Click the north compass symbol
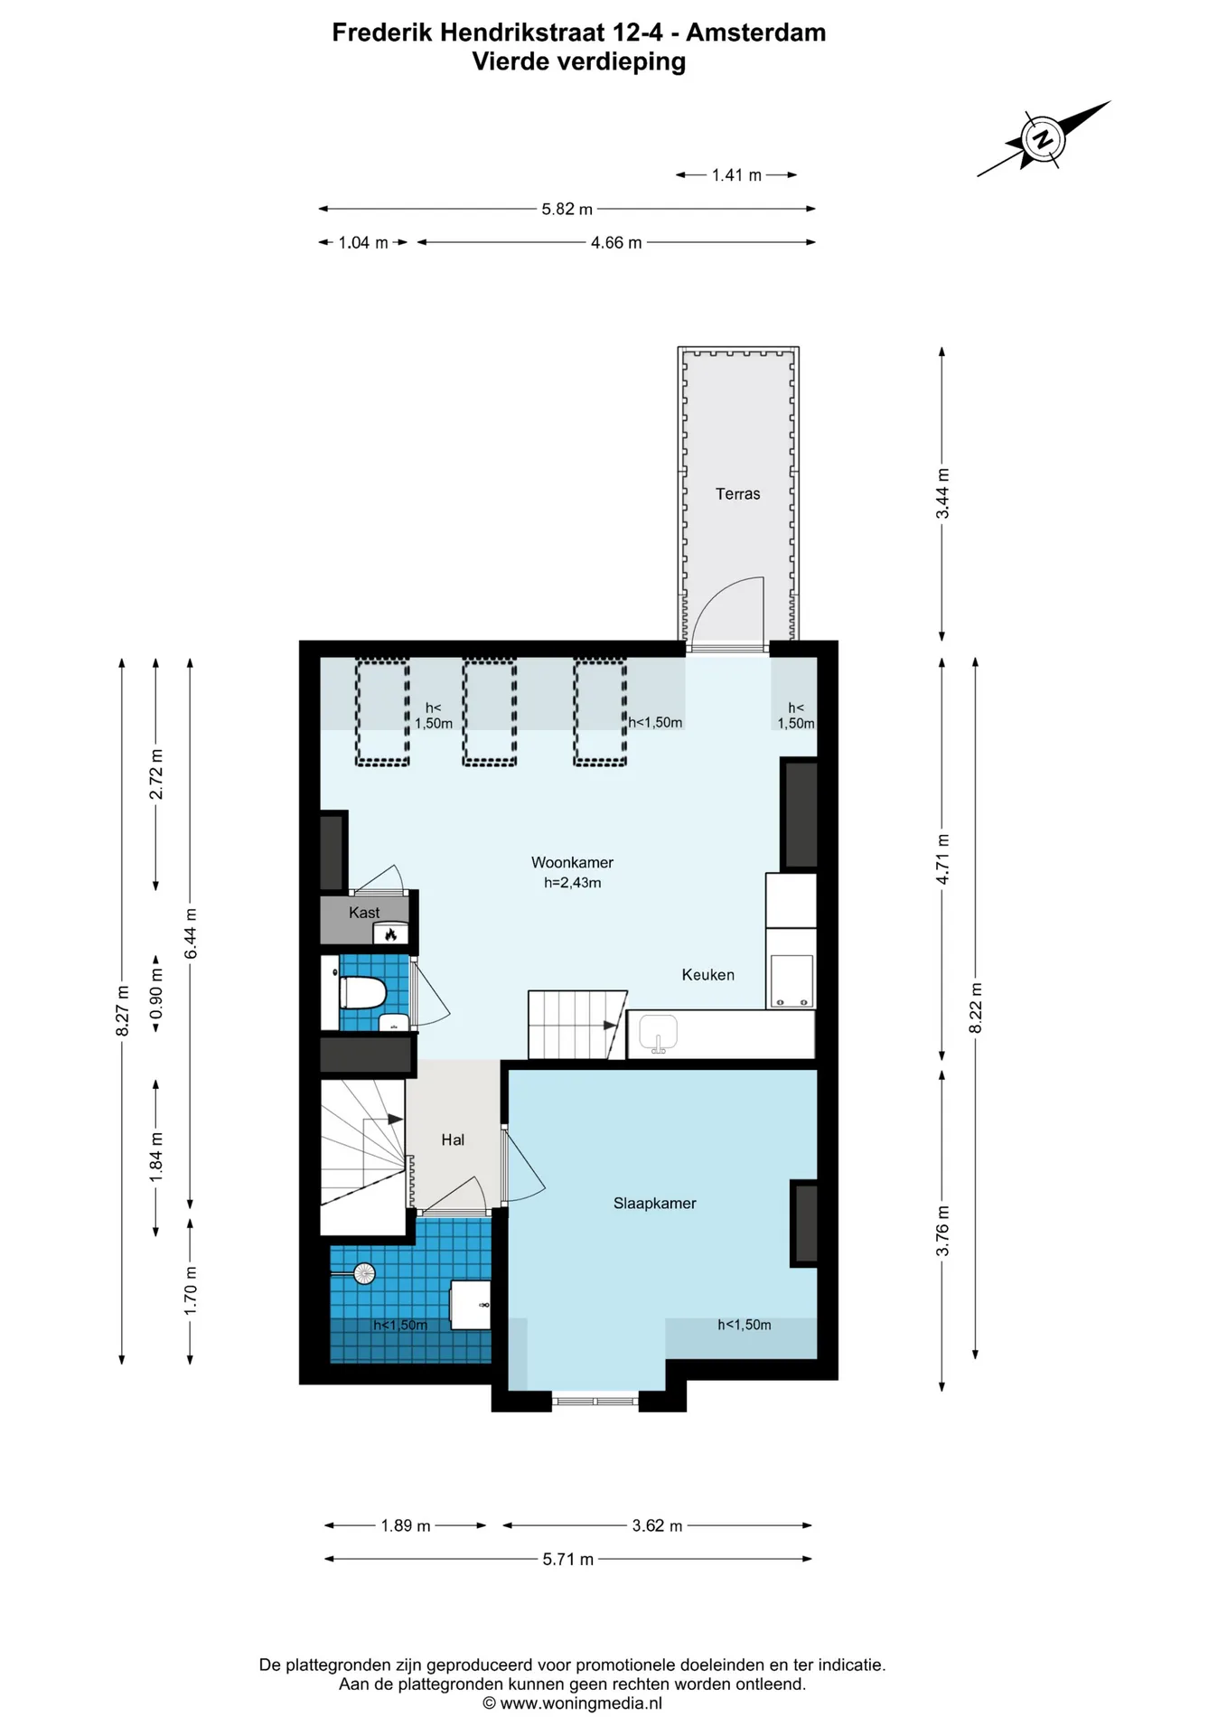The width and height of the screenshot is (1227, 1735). (1043, 140)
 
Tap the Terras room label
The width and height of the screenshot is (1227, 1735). (737, 494)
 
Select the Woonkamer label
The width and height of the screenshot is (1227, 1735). (572, 863)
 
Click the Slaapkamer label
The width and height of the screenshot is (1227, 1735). (654, 1204)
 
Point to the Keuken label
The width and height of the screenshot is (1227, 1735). (707, 975)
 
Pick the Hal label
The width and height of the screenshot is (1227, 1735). (453, 1140)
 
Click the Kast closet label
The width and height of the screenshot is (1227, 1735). (364, 913)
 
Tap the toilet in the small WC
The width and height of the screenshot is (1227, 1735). (362, 993)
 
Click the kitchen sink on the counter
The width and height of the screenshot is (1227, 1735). (659, 1034)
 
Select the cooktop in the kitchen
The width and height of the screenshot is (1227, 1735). (791, 981)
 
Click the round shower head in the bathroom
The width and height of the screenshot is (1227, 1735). (364, 1273)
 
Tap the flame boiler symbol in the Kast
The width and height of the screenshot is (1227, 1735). (391, 934)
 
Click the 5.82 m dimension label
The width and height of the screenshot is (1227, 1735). (567, 209)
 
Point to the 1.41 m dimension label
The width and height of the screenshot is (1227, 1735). (736, 175)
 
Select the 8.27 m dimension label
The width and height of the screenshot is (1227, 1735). (122, 1011)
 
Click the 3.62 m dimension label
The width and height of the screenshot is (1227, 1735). (657, 1525)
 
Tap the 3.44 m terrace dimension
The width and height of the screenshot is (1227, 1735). (942, 493)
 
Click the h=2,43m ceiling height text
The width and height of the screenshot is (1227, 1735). (572, 883)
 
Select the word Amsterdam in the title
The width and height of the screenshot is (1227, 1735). (756, 33)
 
